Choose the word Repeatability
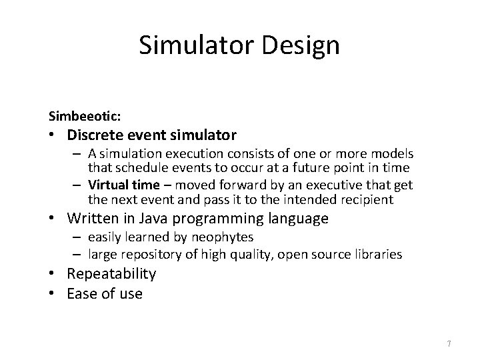(x=111, y=274)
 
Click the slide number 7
(x=449, y=344)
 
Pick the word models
(x=394, y=154)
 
